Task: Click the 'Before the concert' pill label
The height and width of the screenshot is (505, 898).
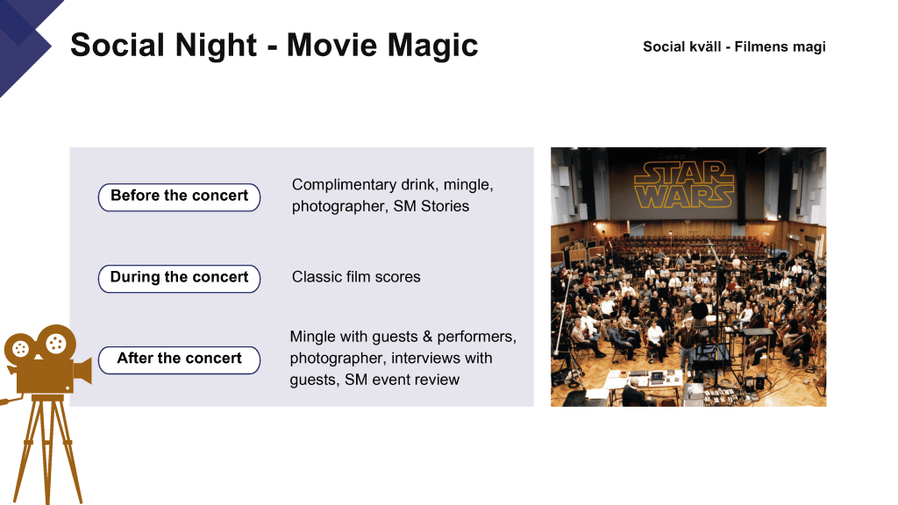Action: (179, 197)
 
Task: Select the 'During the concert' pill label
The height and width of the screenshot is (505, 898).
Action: (179, 278)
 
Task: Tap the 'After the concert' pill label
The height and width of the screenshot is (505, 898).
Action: (179, 359)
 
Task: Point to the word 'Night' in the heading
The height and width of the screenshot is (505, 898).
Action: (216, 46)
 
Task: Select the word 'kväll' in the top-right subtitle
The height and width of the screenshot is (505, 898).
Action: (705, 46)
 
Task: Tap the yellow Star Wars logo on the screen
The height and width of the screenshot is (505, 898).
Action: (684, 184)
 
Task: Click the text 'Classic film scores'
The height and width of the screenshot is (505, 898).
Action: (356, 277)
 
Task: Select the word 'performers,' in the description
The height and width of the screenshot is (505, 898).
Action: (476, 338)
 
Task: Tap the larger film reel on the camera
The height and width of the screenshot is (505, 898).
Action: (56, 343)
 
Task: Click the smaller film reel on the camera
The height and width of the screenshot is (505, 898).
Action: (20, 349)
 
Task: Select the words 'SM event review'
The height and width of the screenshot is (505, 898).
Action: (402, 380)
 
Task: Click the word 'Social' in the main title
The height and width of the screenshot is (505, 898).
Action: (118, 46)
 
